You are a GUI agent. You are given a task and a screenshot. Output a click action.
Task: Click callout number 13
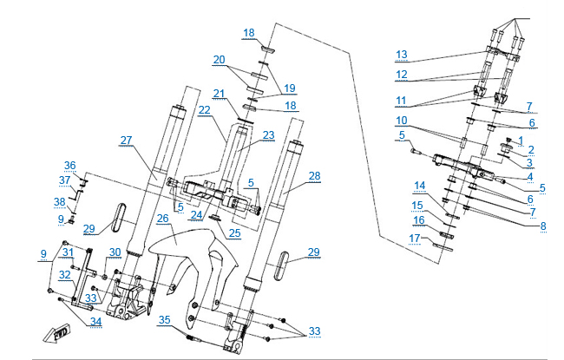click(401, 55)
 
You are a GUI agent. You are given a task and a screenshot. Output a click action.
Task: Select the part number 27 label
click(126, 140)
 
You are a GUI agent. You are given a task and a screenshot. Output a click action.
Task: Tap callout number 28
click(313, 176)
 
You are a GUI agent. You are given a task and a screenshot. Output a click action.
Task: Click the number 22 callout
click(205, 110)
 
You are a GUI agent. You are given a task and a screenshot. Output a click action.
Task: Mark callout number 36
click(70, 166)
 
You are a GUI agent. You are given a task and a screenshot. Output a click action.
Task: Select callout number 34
click(95, 322)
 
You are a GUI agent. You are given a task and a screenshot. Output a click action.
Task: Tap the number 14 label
click(419, 186)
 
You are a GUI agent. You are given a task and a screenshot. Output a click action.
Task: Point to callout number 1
click(520, 139)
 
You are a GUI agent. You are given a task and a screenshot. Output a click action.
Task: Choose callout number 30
click(115, 252)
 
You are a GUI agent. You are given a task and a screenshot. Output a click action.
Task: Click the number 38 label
click(60, 202)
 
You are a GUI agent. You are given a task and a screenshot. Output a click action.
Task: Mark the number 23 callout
click(268, 134)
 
